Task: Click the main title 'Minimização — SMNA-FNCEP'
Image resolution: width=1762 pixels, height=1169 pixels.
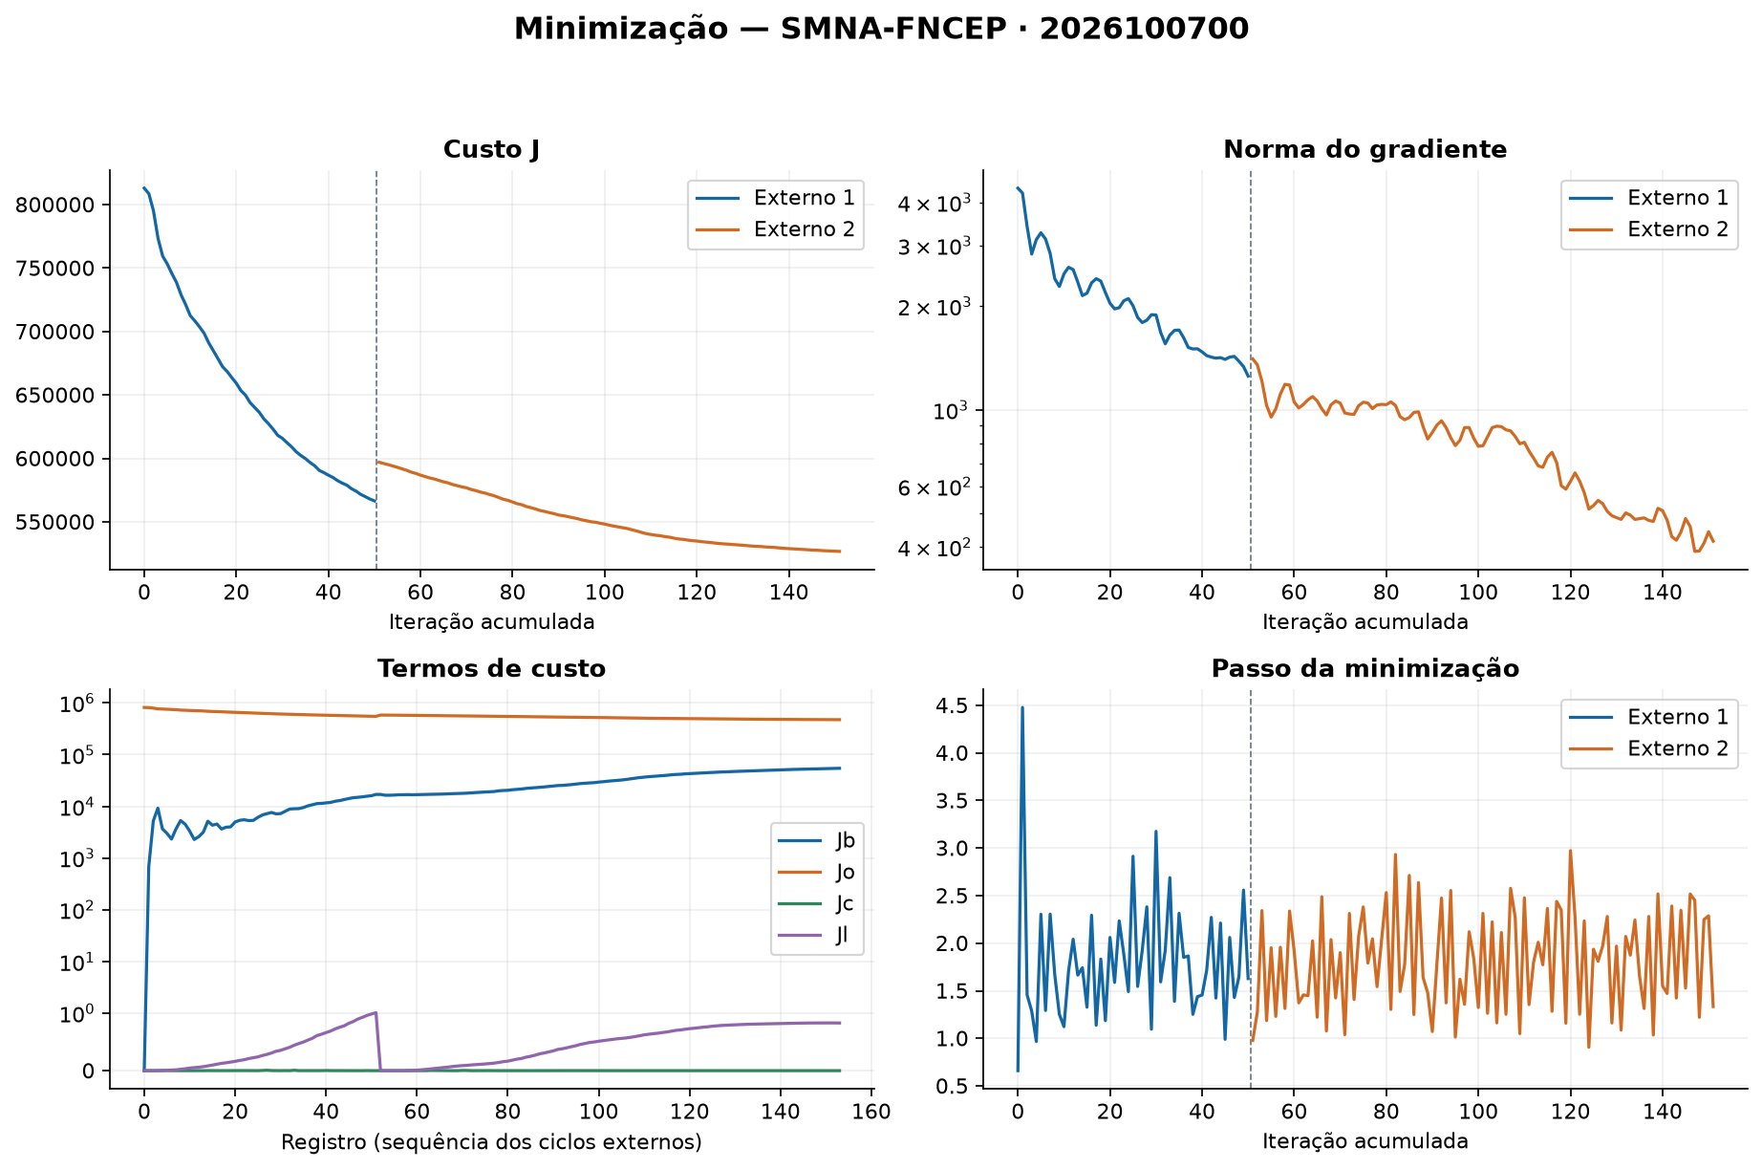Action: [761, 30]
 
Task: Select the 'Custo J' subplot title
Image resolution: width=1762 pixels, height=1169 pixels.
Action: [491, 149]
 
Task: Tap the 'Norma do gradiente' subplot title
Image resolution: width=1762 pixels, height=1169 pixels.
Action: [1364, 150]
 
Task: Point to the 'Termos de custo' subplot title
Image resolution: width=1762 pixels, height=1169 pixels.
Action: [491, 669]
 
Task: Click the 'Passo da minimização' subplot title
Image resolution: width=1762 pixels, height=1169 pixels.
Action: [1364, 669]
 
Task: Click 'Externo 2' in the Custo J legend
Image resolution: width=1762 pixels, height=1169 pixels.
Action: [804, 229]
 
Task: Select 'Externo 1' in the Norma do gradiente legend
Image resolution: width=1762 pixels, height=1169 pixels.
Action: [1678, 198]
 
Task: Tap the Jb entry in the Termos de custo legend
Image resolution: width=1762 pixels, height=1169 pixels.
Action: [845, 841]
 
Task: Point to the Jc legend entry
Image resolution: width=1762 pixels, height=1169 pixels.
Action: [845, 903]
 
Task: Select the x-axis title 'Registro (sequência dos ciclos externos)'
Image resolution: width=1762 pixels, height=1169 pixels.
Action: [491, 1142]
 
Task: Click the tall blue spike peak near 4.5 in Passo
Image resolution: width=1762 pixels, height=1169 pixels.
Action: [1021, 708]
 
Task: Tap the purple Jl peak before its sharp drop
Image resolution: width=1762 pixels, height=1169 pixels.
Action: [376, 1012]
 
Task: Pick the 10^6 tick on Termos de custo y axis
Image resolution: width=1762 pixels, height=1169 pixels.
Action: [77, 704]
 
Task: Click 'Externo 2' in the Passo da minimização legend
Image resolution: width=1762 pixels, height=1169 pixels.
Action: [1678, 748]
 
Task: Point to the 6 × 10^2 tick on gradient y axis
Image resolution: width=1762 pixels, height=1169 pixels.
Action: [936, 487]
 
